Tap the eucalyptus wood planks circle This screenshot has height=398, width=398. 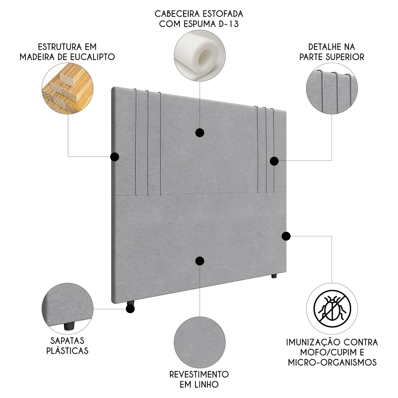point(68,91)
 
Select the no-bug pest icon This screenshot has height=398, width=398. point(332,309)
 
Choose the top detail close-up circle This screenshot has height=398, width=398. point(332,91)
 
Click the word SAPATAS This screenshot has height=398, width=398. point(67,341)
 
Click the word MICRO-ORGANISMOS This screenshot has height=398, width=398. point(332,363)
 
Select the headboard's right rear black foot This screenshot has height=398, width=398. point(274,276)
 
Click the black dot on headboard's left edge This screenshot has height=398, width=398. point(115,157)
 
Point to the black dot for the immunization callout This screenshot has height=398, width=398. point(286,236)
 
